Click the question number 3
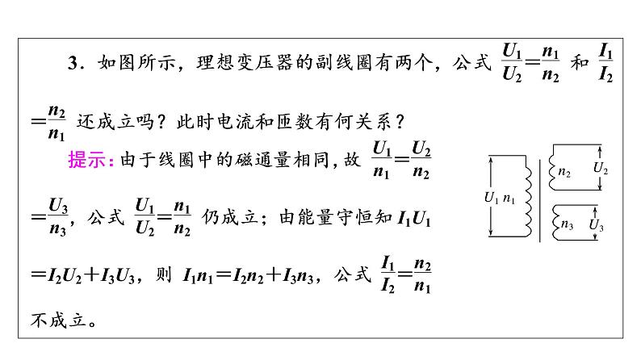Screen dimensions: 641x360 [x=73, y=63]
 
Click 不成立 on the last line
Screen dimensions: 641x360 [x=58, y=320]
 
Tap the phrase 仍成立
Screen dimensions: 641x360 [x=229, y=217]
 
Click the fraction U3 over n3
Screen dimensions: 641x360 [x=57, y=216]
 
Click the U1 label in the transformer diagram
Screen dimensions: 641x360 [x=491, y=198]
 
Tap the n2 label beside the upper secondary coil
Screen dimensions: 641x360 [x=564, y=172]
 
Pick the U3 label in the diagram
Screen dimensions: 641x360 [x=596, y=224]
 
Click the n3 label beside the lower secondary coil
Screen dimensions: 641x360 [x=567, y=224]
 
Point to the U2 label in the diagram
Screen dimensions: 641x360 [x=601, y=168]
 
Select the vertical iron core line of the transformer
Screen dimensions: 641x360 [x=540, y=200]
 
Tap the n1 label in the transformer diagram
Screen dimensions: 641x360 [x=509, y=199]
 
